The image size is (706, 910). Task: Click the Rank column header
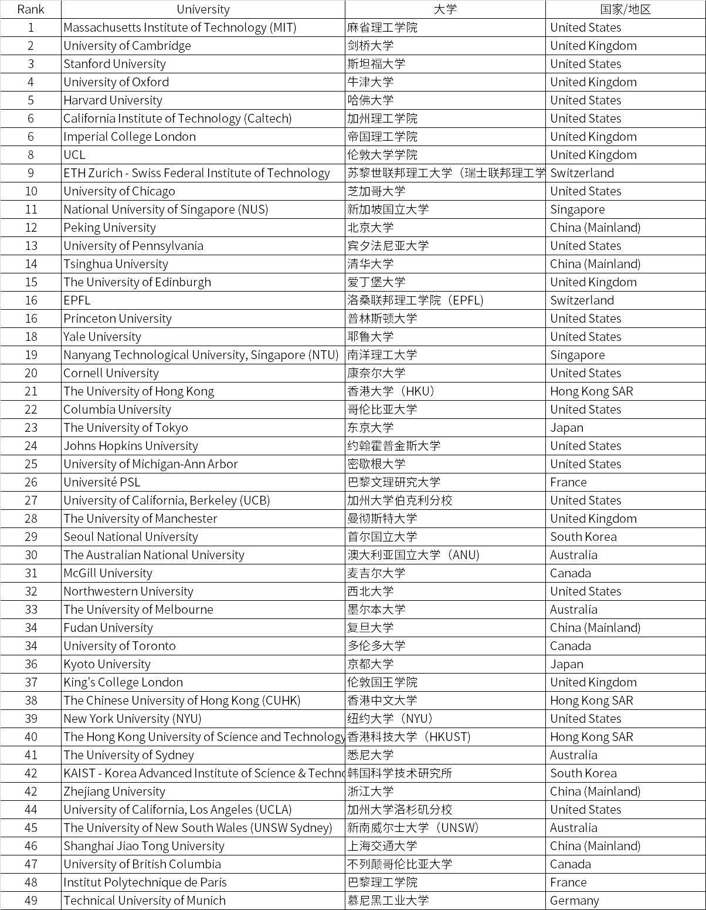[30, 9]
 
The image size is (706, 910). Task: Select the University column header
[203, 9]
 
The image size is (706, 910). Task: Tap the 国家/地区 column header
[625, 9]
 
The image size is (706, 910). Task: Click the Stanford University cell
[115, 64]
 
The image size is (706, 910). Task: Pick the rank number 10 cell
[30, 191]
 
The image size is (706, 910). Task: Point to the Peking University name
[110, 228]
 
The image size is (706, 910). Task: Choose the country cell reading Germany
[575, 901]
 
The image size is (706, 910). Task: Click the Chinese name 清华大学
[371, 264]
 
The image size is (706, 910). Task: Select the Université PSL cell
[102, 482]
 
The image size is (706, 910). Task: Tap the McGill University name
[108, 573]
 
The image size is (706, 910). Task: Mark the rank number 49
[30, 901]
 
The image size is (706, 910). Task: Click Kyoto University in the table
[107, 664]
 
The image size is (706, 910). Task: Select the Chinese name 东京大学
[371, 428]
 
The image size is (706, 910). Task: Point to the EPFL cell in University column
[77, 300]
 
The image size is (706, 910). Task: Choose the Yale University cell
[103, 337]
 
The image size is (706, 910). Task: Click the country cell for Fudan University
[595, 628]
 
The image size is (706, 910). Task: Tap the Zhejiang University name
[114, 791]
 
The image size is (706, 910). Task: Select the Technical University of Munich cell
[144, 901]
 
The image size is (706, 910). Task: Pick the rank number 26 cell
[30, 482]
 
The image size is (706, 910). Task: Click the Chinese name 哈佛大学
[371, 100]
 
